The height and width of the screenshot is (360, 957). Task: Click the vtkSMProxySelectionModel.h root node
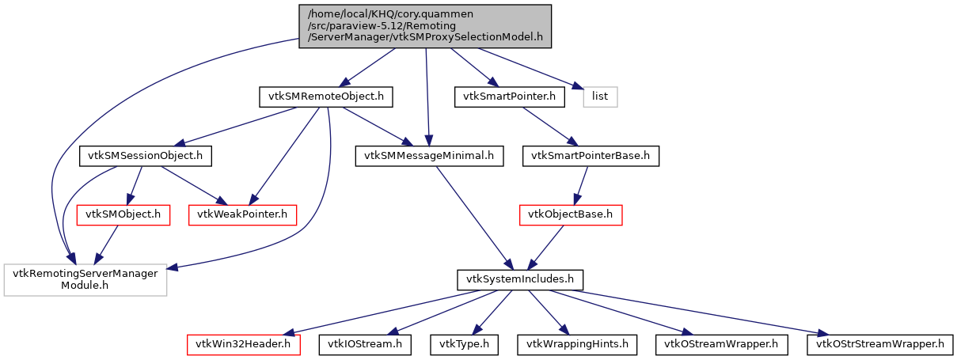[425, 26]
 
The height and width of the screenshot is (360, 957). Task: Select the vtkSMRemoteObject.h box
[326, 97]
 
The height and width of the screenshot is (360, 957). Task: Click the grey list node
[600, 97]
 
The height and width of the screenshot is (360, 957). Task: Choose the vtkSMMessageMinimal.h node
[429, 156]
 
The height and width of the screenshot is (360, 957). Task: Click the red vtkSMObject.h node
[123, 214]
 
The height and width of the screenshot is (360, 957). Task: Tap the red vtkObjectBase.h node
[571, 214]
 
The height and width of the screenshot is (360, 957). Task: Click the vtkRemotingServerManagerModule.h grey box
[85, 279]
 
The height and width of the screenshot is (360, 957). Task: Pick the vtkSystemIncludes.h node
[520, 279]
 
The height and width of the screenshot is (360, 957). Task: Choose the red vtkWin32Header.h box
[244, 344]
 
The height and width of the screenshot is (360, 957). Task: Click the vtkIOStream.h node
[365, 344]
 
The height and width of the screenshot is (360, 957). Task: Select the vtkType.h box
[464, 344]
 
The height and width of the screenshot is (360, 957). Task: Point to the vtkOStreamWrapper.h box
[722, 344]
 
